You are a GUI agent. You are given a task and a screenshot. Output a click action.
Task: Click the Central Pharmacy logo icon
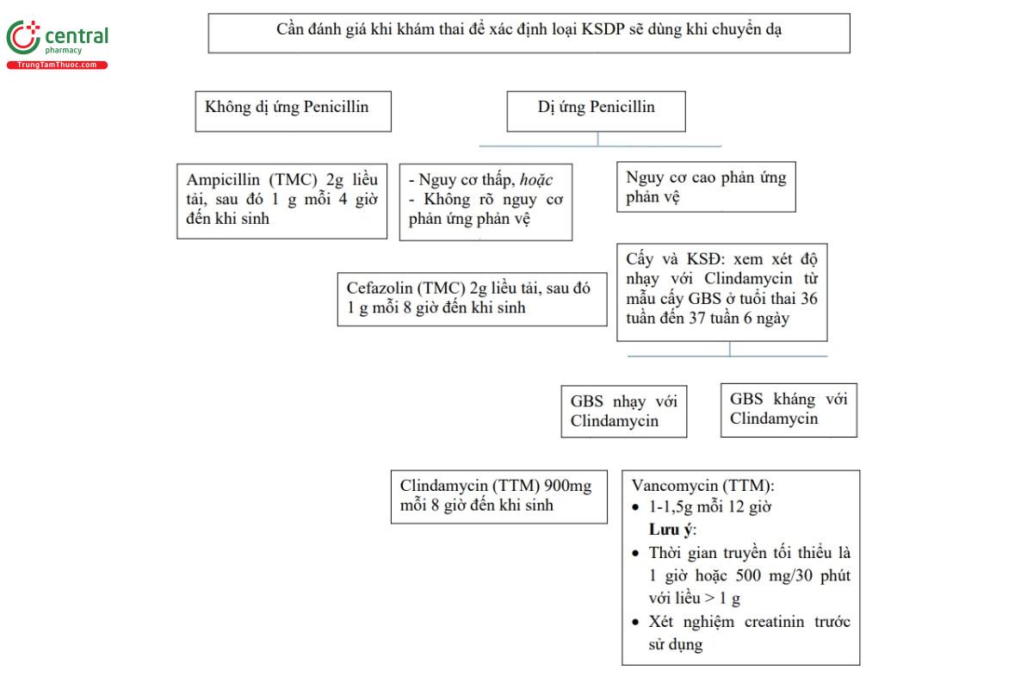coord(23,37)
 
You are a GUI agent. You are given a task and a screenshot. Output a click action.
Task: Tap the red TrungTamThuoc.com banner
coord(57,65)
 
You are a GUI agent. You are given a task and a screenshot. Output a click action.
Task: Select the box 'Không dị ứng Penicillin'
coord(294,111)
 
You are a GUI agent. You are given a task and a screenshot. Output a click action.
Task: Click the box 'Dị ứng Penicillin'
coord(597,111)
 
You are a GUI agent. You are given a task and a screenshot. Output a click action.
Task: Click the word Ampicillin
coord(223,179)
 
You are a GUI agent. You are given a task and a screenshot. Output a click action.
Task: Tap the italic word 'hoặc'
coord(535,180)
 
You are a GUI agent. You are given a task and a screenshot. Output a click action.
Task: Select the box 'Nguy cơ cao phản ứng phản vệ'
coord(706,187)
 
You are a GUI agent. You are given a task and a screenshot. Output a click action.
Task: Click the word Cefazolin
coord(380,288)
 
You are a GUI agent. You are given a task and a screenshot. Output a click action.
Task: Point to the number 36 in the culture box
coord(809,299)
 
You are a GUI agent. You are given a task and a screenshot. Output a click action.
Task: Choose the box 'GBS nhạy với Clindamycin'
coord(624,411)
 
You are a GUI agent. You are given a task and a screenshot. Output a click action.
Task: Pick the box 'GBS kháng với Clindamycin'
coord(789,410)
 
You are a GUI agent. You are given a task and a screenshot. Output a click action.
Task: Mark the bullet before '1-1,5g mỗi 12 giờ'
coord(636,507)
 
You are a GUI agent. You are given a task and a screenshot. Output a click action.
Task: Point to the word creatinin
coord(774,622)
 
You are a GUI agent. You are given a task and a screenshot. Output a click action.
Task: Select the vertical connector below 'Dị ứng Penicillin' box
coord(597,139)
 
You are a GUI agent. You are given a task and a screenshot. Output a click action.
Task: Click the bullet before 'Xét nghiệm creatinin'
coord(636,622)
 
